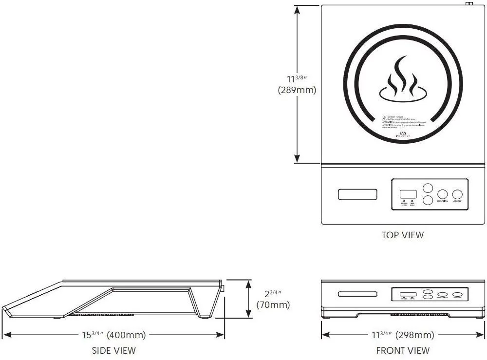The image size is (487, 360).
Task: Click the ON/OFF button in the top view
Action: point(457,194)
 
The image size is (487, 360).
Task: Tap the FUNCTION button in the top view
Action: point(442,194)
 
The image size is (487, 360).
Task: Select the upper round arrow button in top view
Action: point(427,188)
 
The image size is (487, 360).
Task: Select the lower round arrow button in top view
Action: point(427,200)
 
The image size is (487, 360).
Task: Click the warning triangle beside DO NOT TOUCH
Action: point(385,118)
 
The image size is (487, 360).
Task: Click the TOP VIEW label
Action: point(403,235)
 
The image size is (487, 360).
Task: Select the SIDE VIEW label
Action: point(114,350)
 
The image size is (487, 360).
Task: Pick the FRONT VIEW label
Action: point(403,350)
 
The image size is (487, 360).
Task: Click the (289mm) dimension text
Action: point(297,90)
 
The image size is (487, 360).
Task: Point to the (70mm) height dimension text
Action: point(273,305)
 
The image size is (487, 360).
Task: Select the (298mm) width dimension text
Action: point(415,335)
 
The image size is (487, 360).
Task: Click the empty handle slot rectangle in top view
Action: point(358,194)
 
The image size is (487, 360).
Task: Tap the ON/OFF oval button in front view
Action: point(458,295)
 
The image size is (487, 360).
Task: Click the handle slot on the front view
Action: point(358,294)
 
